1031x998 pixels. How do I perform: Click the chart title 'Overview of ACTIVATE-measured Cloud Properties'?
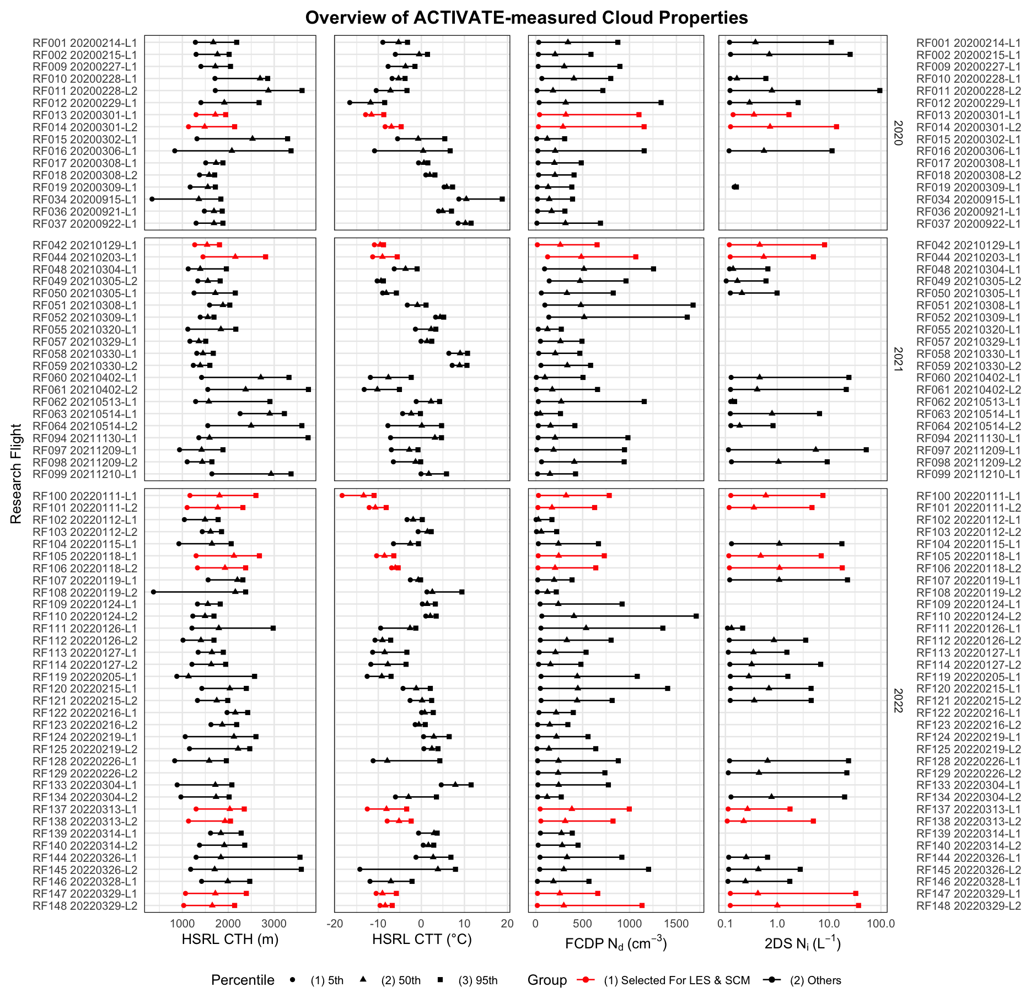527,18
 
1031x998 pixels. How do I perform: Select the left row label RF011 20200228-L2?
85,91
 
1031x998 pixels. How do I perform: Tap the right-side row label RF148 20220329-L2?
968,906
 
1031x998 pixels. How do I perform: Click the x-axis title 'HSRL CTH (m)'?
230,940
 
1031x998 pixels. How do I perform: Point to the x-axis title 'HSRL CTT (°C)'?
422,940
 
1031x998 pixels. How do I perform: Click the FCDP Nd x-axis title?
616,943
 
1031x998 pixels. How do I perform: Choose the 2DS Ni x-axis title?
802,943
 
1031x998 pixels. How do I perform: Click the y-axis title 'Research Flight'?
16,474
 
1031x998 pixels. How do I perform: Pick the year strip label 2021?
898,360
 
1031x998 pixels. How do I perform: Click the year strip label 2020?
898,133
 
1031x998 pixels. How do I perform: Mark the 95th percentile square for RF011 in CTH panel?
302,90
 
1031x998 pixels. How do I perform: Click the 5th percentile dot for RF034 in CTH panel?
152,199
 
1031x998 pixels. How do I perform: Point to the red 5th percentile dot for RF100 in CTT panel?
342,496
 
